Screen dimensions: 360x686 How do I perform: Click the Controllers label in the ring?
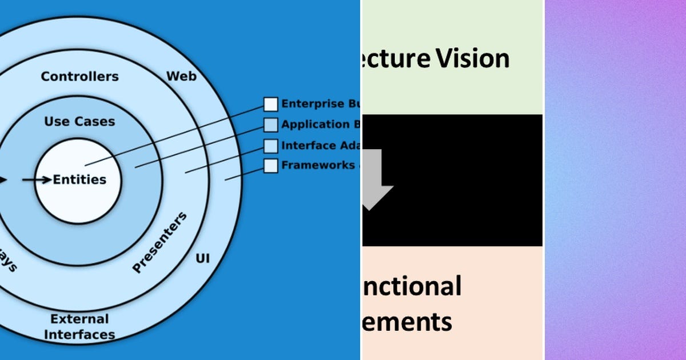point(79,77)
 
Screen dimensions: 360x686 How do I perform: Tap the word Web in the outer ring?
point(181,76)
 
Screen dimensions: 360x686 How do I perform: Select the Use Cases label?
point(79,122)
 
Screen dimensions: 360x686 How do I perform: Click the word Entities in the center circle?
point(79,179)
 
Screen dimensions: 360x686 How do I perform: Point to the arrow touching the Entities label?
point(36,180)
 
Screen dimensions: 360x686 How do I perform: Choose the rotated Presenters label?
point(159,243)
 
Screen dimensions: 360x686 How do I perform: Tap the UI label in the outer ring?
point(202,258)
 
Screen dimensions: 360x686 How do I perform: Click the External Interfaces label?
point(79,327)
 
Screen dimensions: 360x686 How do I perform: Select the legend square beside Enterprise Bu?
point(270,104)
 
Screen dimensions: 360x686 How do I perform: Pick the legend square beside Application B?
point(270,125)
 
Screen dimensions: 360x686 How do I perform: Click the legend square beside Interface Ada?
point(270,146)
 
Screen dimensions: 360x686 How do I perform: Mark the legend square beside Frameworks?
point(270,166)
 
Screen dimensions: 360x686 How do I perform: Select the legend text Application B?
point(320,125)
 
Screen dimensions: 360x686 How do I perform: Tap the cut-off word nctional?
point(412,286)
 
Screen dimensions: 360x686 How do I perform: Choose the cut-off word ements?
point(407,321)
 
